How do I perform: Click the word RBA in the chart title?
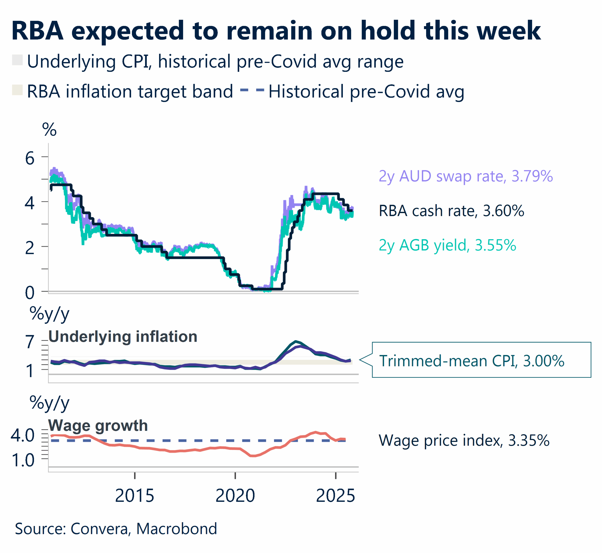(x=37, y=31)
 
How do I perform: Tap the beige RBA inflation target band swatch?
(x=17, y=90)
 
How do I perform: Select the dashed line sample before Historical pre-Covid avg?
(x=252, y=90)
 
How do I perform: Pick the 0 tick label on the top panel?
(x=30, y=292)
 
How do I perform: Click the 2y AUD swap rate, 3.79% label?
(x=465, y=176)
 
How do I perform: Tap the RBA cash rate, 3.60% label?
(x=451, y=211)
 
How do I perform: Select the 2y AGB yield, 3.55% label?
(x=447, y=245)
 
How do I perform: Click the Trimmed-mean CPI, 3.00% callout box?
(x=481, y=360)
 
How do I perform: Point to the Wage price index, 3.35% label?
(x=464, y=440)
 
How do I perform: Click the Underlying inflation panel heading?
(x=123, y=336)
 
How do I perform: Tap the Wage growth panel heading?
(x=98, y=425)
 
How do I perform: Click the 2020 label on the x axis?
(x=235, y=496)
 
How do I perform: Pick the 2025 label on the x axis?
(x=335, y=496)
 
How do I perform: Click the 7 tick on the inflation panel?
(x=30, y=342)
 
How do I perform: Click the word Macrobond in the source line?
(x=177, y=529)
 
